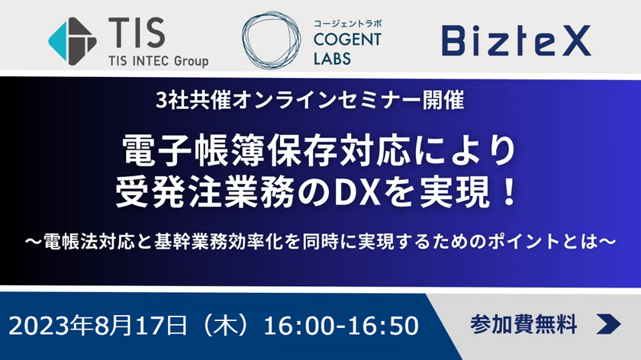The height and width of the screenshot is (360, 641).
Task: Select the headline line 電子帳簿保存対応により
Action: tap(320, 147)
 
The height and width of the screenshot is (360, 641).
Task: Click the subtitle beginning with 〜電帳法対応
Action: tap(320, 239)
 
